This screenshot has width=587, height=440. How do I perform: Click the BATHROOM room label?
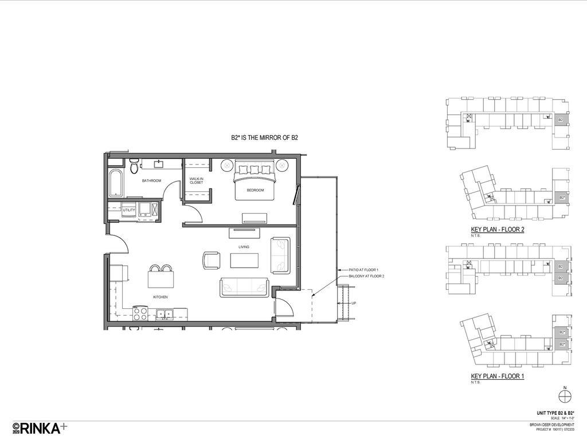[152, 181]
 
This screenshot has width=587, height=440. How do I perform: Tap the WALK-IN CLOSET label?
[197, 181]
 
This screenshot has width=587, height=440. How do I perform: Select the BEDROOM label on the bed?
[255, 190]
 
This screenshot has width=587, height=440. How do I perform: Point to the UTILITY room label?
[128, 210]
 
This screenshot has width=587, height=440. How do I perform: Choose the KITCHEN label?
[160, 297]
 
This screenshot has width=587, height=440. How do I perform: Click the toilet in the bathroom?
[134, 166]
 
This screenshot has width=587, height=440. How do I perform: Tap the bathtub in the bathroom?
[116, 183]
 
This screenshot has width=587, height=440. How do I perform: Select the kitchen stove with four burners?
[140, 313]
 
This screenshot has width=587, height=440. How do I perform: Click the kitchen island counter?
[161, 279]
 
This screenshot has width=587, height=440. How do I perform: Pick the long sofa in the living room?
[244, 287]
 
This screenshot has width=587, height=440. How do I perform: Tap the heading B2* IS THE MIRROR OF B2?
[264, 138]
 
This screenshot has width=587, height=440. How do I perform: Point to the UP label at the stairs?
[354, 303]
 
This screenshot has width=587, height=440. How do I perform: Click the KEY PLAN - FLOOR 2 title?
[498, 229]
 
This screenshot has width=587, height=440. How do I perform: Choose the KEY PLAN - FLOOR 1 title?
[498, 376]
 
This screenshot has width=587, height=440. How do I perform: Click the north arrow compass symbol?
[565, 394]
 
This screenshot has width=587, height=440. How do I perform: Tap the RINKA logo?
[40, 427]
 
